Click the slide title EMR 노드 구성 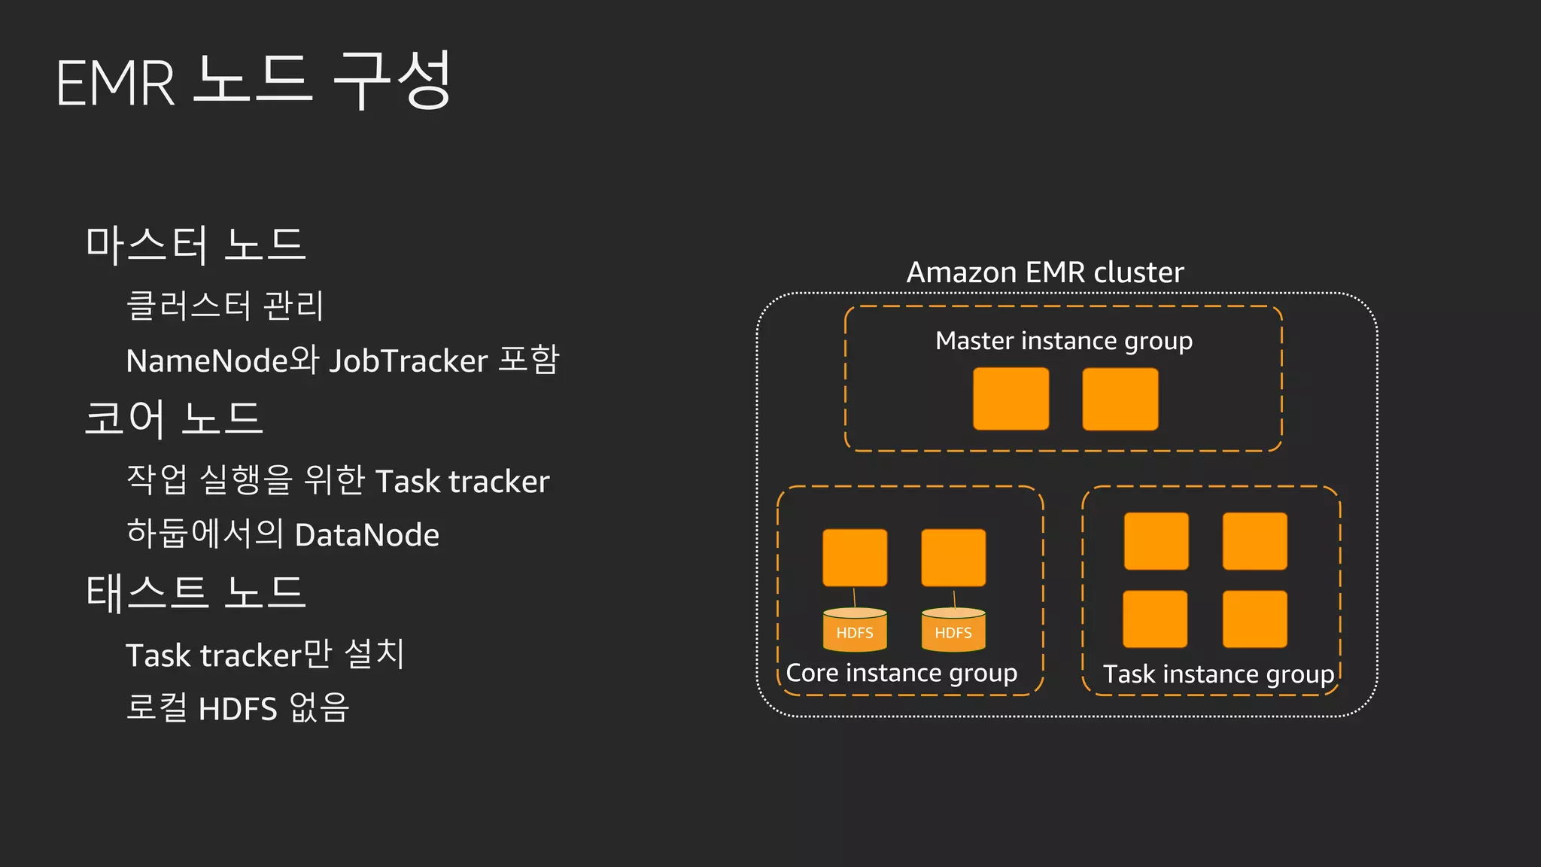(254, 81)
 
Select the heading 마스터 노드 (196, 245)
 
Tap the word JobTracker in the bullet (409, 361)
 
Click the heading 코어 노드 (174, 418)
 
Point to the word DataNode (367, 535)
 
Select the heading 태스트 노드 (196, 592)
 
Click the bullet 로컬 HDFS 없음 (237, 708)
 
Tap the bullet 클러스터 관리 (225, 306)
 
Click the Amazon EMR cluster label (1044, 272)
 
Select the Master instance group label (1063, 341)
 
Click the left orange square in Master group (1011, 399)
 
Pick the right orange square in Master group (1120, 399)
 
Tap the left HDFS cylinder (855, 630)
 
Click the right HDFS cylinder (953, 630)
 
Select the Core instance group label (901, 673)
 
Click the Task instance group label (1218, 674)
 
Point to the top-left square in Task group (1156, 541)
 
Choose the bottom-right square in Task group (1254, 619)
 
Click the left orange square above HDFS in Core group (855, 558)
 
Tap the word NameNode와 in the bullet (223, 361)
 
